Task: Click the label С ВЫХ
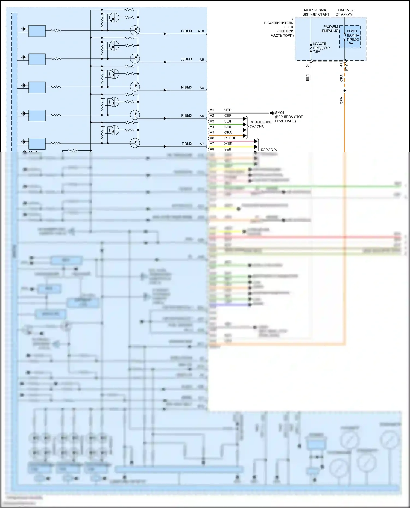[x=186, y=31]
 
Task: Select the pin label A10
[x=201, y=31]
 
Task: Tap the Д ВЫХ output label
[x=186, y=59]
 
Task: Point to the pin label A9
[x=202, y=60]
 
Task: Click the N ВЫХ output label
[x=186, y=88]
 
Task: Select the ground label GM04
[x=279, y=113]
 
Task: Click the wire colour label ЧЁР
[x=228, y=110]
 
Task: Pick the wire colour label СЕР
[x=228, y=116]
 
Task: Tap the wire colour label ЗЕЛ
[x=227, y=121]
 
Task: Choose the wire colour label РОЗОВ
[x=230, y=138]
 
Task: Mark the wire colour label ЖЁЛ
[x=228, y=144]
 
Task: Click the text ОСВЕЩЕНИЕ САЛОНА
[x=260, y=124]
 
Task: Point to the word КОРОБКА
[x=269, y=150]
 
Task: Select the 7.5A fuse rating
[x=317, y=52]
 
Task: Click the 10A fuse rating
[x=350, y=43]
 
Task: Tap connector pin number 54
[x=307, y=65]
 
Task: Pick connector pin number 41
[x=341, y=65]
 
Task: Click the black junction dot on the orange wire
[x=345, y=91]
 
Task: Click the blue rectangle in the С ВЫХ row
[x=37, y=31]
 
